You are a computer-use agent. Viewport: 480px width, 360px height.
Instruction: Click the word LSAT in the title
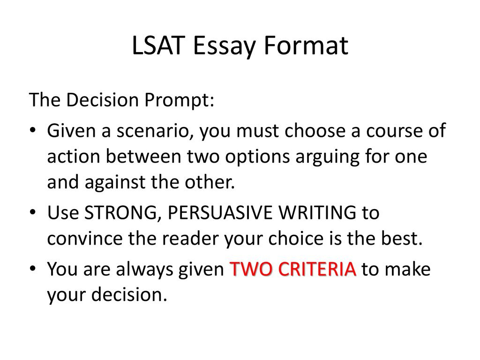(158, 45)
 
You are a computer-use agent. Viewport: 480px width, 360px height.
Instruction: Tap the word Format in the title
(306, 45)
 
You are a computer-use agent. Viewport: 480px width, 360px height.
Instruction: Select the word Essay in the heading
(224, 46)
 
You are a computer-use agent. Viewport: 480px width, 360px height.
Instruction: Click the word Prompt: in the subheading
(179, 100)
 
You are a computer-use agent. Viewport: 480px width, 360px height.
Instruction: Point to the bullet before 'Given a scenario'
(33, 130)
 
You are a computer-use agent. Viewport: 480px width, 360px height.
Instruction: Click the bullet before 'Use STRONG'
(33, 212)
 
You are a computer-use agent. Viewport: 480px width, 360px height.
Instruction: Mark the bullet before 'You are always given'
(33, 269)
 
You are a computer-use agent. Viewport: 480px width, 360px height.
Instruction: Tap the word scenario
(155, 131)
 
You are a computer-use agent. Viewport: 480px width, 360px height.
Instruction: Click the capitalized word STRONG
(120, 213)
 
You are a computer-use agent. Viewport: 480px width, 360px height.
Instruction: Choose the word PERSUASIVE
(220, 212)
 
